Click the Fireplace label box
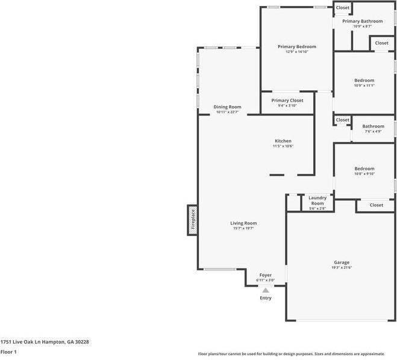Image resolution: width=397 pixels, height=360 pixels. [193, 220]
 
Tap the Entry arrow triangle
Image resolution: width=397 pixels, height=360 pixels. [265, 290]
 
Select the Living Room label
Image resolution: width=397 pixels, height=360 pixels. [243, 223]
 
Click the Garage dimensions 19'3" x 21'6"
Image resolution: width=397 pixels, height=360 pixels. [342, 268]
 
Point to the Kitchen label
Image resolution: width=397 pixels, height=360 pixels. [283, 141]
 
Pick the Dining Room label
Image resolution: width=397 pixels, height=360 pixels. [227, 107]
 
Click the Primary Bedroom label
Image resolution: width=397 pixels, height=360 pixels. [296, 46]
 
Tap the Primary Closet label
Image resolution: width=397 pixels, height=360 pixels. [287, 101]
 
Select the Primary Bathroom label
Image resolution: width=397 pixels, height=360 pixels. [362, 21]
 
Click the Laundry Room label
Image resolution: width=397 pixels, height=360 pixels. [317, 200]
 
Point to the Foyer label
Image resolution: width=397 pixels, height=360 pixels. [265, 275]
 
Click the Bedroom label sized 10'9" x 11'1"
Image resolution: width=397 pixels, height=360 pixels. [364, 80]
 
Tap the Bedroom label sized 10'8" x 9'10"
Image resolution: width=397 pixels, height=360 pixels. [364, 169]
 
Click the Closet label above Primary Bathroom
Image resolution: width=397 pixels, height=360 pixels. [342, 8]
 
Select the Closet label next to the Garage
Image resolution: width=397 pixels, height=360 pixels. [376, 205]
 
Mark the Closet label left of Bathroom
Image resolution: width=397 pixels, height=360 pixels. [342, 120]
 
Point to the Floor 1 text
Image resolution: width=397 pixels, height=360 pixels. [8, 352]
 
